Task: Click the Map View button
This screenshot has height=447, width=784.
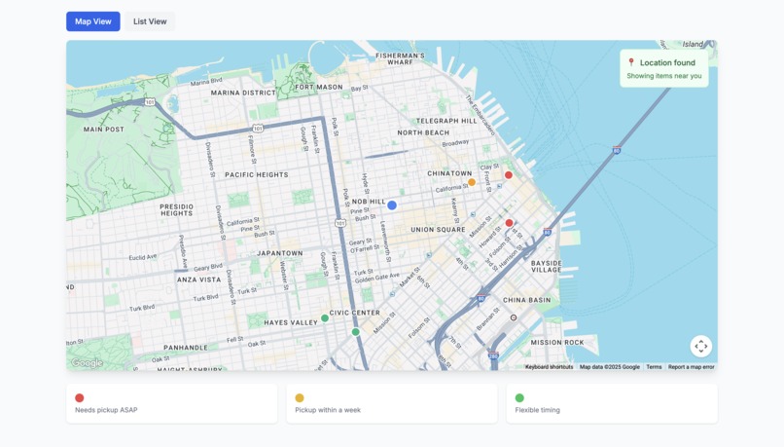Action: [93, 21]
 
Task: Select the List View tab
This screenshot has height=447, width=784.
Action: [150, 21]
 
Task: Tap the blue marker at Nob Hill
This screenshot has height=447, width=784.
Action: [392, 205]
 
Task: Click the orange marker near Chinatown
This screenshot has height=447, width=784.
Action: [472, 182]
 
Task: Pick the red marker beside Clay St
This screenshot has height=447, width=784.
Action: [508, 175]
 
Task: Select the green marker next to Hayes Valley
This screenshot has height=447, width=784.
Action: [325, 318]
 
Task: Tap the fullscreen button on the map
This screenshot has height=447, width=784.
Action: [700, 347]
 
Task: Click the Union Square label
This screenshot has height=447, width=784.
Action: [438, 230]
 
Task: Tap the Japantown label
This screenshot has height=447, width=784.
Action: [280, 253]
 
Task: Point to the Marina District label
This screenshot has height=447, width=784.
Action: [243, 93]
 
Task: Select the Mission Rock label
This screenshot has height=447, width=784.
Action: [557, 343]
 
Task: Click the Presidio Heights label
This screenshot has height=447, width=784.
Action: [177, 210]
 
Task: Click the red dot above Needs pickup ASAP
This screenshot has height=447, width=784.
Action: [80, 397]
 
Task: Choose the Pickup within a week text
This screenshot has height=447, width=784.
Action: [328, 410]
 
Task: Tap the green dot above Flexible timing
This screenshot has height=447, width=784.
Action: [519, 397]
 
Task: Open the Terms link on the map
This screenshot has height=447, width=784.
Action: [654, 367]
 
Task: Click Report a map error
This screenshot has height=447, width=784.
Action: [691, 367]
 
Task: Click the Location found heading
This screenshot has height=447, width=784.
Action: [667, 62]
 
